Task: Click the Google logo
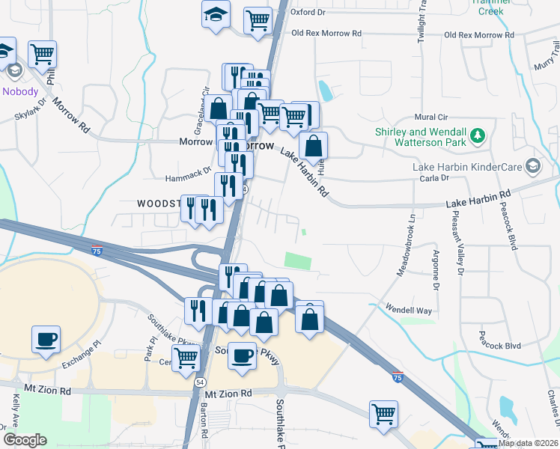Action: coord(25,441)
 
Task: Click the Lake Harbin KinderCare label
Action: coord(467,165)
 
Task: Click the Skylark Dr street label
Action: coord(31,109)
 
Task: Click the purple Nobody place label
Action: coord(20,91)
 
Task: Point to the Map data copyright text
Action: coord(527,443)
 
